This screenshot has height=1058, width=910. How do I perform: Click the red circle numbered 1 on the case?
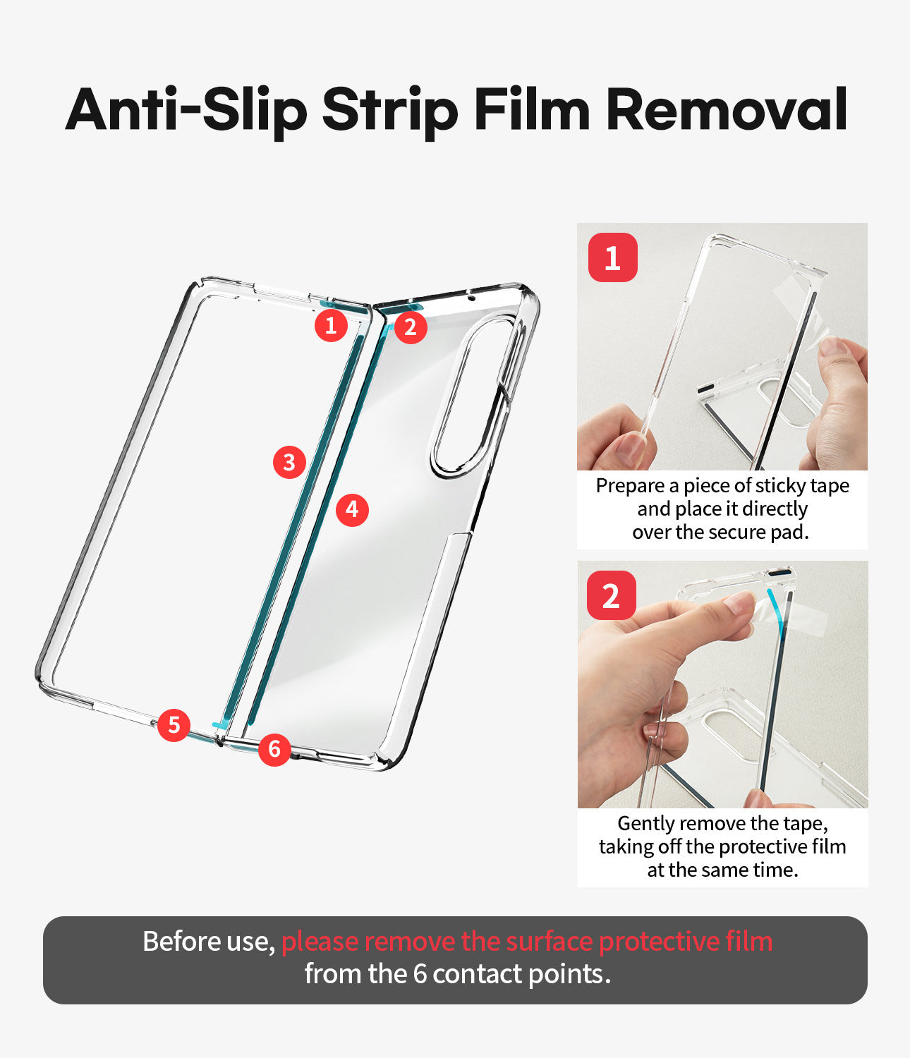(x=331, y=326)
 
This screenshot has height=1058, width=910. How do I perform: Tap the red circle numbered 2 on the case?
(x=411, y=327)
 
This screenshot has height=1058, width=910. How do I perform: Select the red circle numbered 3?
(x=289, y=462)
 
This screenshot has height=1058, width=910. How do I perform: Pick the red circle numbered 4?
(x=352, y=510)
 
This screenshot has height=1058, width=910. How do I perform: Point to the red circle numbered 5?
(x=174, y=725)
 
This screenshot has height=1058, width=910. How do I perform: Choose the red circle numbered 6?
(x=274, y=749)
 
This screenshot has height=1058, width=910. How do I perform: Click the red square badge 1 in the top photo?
(x=612, y=257)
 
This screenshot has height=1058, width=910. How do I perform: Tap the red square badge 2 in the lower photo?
(x=612, y=595)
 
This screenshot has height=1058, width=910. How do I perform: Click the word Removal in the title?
(x=727, y=109)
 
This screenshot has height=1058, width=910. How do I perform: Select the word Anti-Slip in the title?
(x=186, y=109)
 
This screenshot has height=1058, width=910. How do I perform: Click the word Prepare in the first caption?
(x=630, y=486)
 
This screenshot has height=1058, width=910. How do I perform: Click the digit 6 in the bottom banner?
(x=420, y=973)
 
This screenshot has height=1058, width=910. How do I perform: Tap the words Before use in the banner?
(x=209, y=942)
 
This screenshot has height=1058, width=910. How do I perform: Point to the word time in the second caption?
(x=777, y=870)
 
